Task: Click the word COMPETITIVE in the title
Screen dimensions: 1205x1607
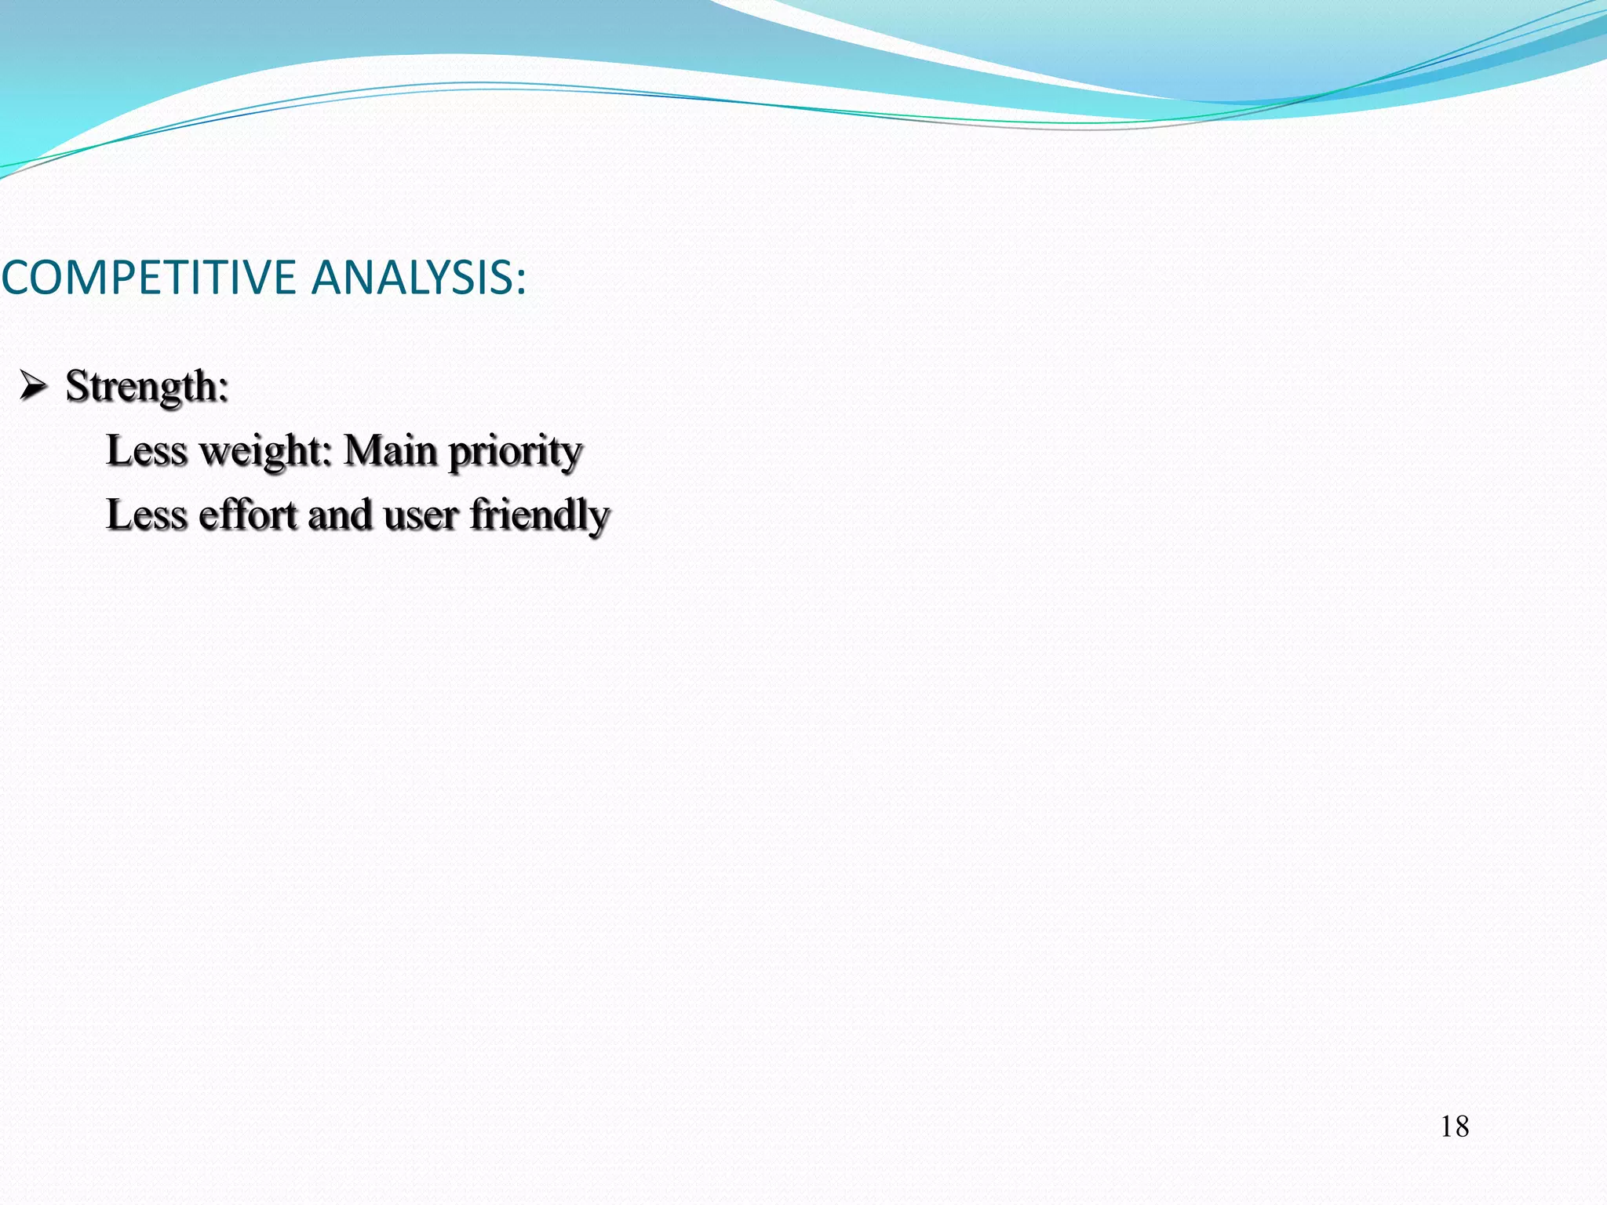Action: pyautogui.click(x=148, y=278)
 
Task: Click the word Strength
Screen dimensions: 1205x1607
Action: pyautogui.click(x=141, y=386)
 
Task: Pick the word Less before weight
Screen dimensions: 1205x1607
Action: pyautogui.click(x=146, y=451)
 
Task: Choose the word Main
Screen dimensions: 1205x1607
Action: pyautogui.click(x=390, y=451)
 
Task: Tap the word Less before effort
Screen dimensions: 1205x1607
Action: pyautogui.click(x=146, y=515)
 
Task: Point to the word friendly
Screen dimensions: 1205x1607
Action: pyautogui.click(x=539, y=516)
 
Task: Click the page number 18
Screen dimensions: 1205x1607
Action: pyautogui.click(x=1454, y=1127)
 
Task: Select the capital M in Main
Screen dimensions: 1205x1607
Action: pyautogui.click(x=362, y=451)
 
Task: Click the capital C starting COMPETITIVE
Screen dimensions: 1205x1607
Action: pyautogui.click(x=16, y=278)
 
